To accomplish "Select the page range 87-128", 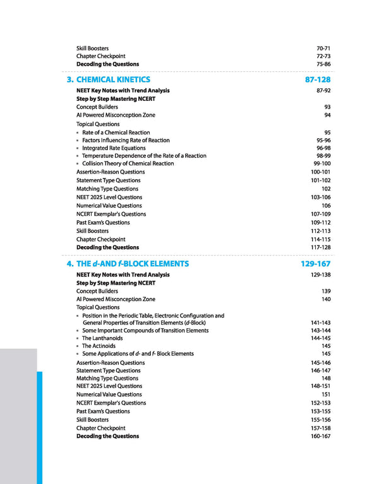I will point(317,80).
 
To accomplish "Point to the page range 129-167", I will point(315,264).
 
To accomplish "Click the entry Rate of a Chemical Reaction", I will point(116,133).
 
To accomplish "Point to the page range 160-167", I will point(321,436).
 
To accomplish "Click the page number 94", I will point(327,115).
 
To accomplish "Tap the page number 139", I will point(326,292).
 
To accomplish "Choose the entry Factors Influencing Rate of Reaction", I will point(126,141).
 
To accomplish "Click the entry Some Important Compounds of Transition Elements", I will point(145,331).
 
